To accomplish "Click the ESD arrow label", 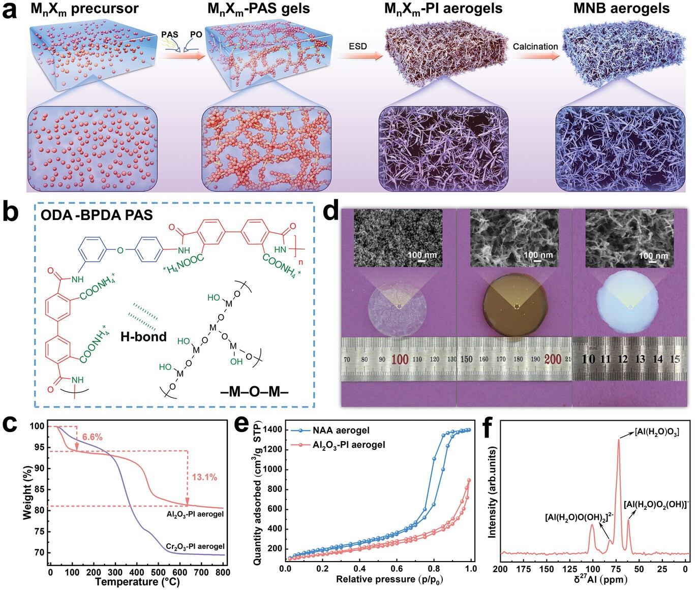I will [357, 46].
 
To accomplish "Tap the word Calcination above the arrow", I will [535, 46].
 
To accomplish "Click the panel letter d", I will [331, 211].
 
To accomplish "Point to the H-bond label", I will [143, 336].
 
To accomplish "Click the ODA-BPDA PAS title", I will [97, 215].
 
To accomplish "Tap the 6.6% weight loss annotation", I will [92, 437].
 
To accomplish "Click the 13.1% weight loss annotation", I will [204, 477].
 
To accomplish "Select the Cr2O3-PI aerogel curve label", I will [195, 546].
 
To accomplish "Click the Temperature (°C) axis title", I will [137, 582].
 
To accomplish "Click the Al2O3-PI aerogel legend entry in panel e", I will [349, 445].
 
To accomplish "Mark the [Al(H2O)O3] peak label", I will [656, 432].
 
